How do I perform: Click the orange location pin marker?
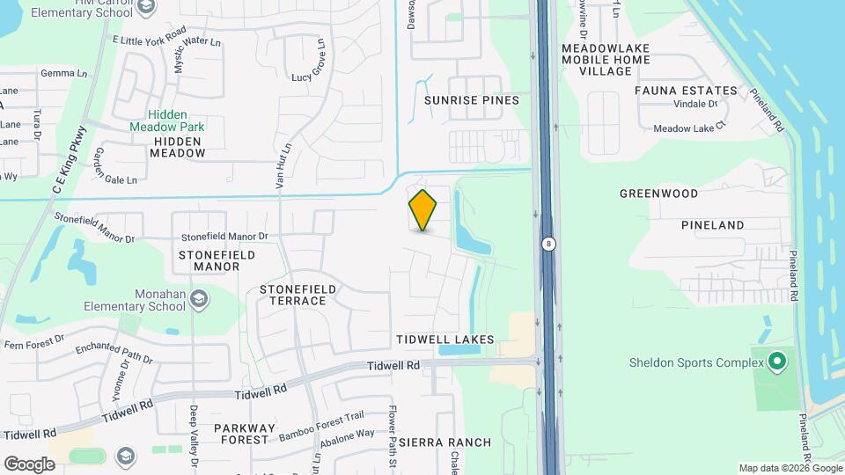click(x=422, y=210)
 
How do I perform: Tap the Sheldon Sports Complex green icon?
click(x=776, y=362)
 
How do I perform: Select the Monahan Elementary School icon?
click(x=200, y=299)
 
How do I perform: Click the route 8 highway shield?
click(x=548, y=244)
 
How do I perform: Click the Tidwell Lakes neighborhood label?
click(x=445, y=340)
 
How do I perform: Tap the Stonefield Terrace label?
click(x=293, y=295)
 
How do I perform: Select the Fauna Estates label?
click(x=686, y=91)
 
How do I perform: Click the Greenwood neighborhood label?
click(x=658, y=194)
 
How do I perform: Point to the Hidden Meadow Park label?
click(x=176, y=121)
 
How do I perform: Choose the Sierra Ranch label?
click(x=445, y=442)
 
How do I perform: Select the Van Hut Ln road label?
click(x=281, y=166)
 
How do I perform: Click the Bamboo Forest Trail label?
click(x=320, y=427)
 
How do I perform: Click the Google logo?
click(x=29, y=464)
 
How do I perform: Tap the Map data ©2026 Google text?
click(x=790, y=468)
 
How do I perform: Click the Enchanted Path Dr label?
click(x=114, y=354)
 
